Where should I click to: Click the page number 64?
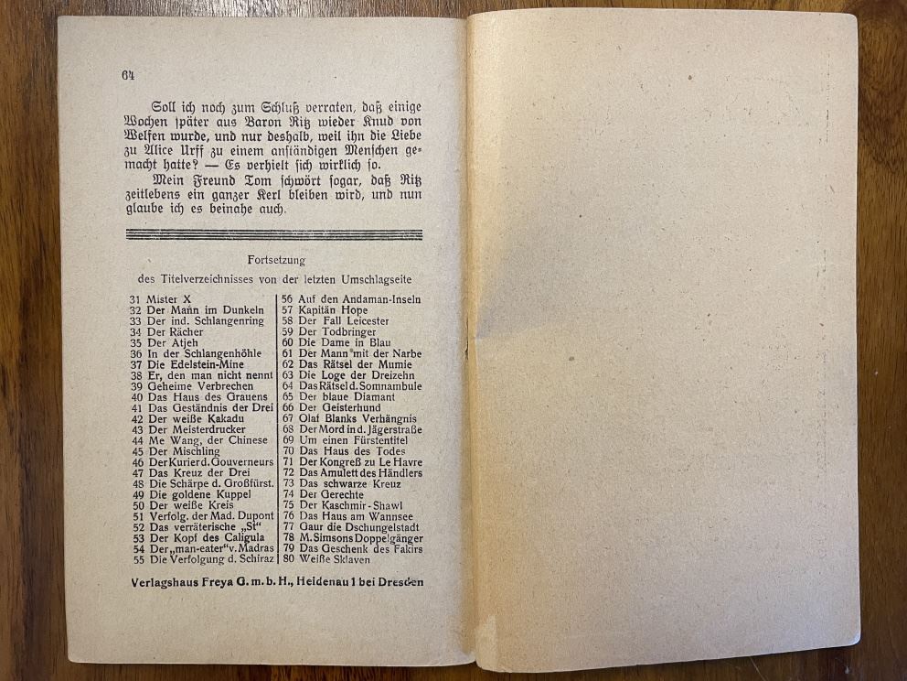(x=127, y=75)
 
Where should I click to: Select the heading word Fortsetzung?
(x=276, y=261)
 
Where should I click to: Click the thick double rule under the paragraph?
(x=275, y=234)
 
